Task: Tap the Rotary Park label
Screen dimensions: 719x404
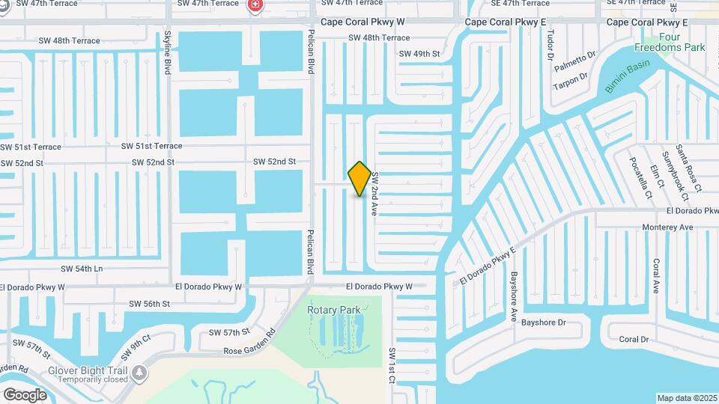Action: (334, 310)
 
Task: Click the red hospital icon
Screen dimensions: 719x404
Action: (256, 5)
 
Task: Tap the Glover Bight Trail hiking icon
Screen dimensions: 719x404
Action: (139, 373)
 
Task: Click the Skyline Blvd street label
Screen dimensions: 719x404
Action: (168, 53)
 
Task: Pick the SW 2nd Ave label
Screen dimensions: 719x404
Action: (374, 195)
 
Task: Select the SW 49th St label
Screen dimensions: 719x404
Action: (419, 54)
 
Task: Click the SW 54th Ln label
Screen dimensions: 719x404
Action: (82, 269)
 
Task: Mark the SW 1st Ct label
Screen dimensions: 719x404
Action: (391, 365)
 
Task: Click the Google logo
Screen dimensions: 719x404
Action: (25, 394)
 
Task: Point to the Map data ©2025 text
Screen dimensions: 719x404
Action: (687, 398)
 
